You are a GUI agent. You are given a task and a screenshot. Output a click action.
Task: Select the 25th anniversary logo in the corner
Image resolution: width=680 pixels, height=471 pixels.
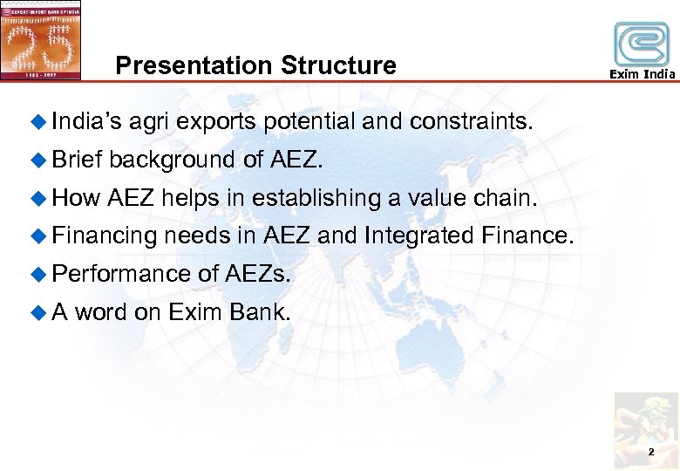click(41, 40)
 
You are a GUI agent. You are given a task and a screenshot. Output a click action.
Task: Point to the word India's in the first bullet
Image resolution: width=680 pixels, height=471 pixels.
click(87, 121)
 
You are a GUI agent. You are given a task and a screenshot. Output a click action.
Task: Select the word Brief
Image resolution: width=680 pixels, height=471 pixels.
click(78, 160)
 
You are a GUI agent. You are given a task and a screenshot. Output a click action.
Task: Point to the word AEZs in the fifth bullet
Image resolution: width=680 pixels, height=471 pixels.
click(257, 274)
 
